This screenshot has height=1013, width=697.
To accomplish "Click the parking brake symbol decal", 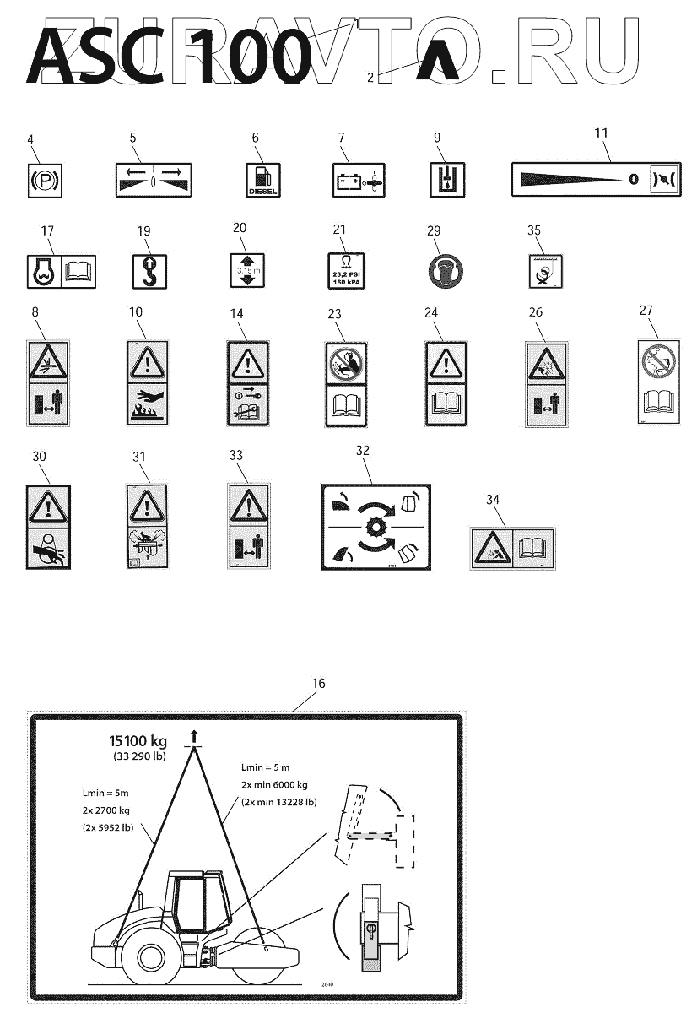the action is point(39,180).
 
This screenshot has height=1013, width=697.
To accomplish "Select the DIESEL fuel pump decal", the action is point(263,180).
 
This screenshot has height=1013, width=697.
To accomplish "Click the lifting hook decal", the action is point(145,269).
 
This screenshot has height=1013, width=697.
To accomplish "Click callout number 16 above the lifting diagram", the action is point(317,684).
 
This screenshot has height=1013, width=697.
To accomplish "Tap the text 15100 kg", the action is point(138,741).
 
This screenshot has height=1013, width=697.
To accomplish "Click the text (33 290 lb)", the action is point(139,756).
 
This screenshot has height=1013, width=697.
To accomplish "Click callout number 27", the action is point(646,310).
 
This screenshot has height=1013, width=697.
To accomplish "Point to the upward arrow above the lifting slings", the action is point(196,737).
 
